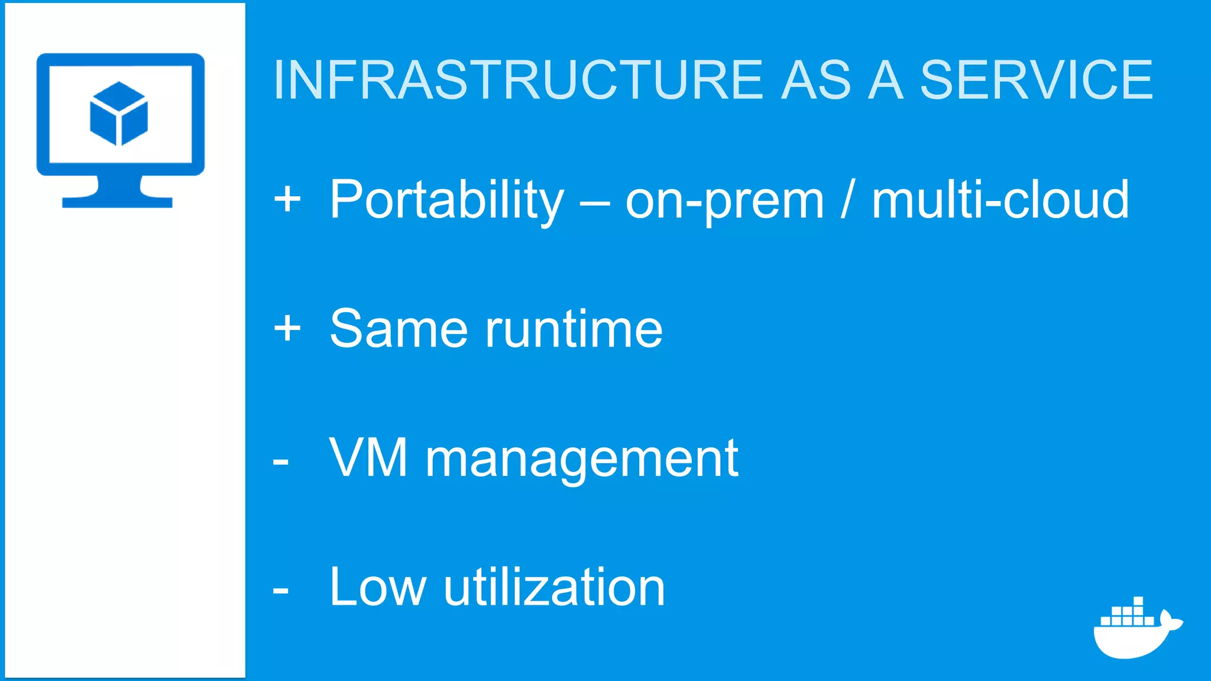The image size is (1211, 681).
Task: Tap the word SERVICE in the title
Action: click(1036, 80)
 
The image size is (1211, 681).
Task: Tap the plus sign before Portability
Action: click(287, 199)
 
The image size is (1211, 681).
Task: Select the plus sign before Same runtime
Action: click(287, 327)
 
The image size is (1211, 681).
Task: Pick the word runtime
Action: click(574, 329)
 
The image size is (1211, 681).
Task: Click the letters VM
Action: click(368, 458)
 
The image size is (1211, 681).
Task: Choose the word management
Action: click(582, 459)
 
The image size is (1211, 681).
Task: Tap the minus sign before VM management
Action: click(281, 462)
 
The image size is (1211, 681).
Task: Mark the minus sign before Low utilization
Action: click(281, 591)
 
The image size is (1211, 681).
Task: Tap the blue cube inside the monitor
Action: click(119, 113)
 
